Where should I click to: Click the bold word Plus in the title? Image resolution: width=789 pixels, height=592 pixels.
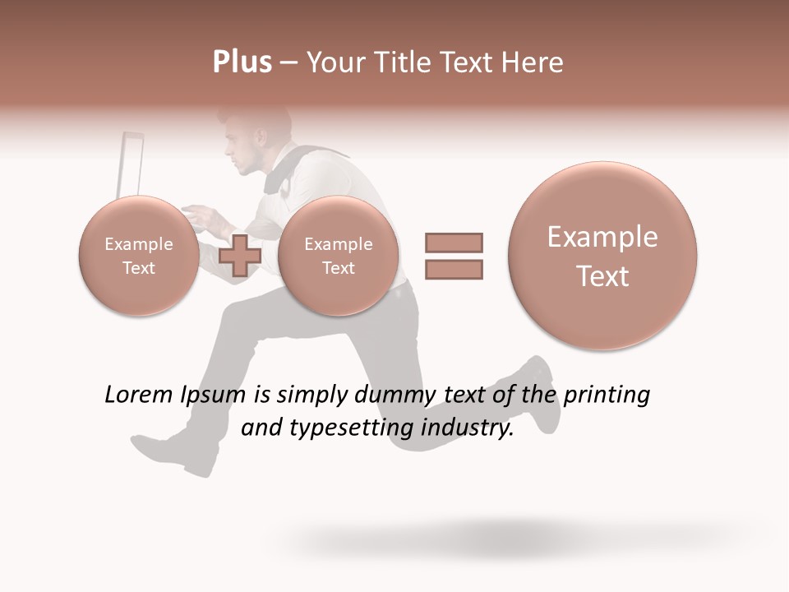242,62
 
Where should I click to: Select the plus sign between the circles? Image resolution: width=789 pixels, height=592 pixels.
240,255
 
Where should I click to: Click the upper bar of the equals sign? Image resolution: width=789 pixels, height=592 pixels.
454,243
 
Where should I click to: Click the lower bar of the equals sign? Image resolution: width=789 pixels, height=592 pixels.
454,269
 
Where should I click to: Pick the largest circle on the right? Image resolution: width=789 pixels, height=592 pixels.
602,256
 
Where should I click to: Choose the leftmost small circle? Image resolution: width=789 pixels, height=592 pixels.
138,256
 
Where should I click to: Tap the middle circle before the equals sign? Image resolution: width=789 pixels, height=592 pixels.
338,256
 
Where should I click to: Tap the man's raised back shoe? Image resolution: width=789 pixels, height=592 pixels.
543,395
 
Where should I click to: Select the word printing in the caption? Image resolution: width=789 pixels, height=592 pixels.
607,395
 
